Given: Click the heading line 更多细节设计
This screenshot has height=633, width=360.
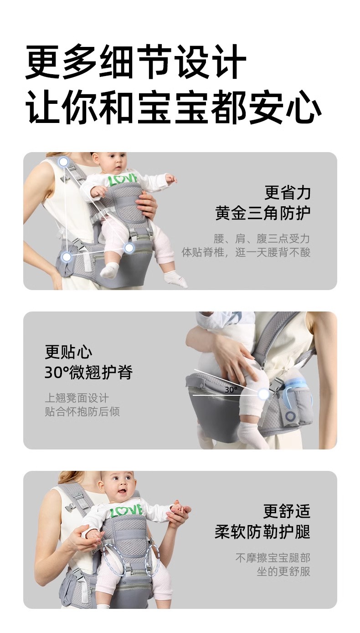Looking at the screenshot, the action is (x=136, y=62).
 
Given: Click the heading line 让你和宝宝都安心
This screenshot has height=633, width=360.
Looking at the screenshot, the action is (x=174, y=107).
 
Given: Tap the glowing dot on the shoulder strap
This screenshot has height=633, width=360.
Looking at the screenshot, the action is (x=64, y=162).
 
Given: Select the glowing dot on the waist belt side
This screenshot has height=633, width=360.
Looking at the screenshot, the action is (x=67, y=257).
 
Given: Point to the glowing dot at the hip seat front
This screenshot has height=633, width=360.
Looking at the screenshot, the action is (x=129, y=248).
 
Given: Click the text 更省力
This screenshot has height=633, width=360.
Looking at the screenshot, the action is (x=288, y=193).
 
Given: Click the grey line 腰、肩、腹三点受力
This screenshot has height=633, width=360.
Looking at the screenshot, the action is (x=262, y=239).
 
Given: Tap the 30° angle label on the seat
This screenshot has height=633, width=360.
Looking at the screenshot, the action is (x=231, y=390).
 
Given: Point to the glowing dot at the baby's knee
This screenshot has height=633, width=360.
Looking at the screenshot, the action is (x=263, y=393).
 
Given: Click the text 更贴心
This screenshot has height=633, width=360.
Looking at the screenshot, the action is (x=68, y=352).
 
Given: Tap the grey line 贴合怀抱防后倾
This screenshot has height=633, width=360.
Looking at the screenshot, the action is (x=82, y=412).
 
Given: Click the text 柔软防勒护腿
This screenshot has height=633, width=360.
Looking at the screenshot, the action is (x=262, y=531).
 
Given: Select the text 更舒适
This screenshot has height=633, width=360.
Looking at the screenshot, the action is (x=287, y=511).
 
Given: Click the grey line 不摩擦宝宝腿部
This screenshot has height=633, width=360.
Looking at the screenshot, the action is (x=273, y=558).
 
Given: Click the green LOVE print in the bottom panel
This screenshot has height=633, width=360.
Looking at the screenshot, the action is (x=126, y=510).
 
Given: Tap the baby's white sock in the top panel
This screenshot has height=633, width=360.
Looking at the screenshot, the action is (x=108, y=270).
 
